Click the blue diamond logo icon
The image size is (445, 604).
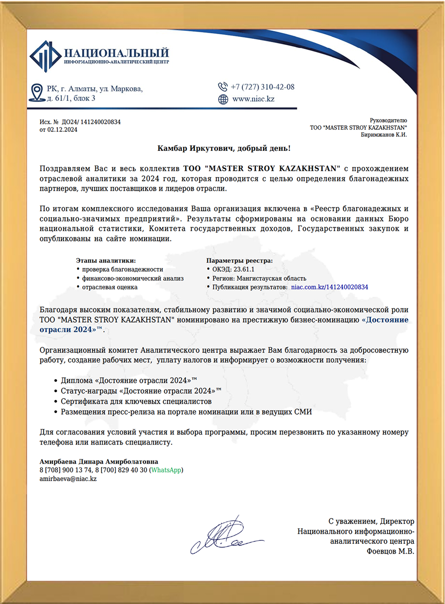pyautogui.click(x=45, y=56)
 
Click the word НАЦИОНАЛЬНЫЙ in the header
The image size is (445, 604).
pyautogui.click(x=116, y=52)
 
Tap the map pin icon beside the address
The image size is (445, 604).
pyautogui.click(x=37, y=93)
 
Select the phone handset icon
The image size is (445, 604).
pyautogui.click(x=222, y=87)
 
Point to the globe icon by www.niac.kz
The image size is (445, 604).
pyautogui.click(x=222, y=99)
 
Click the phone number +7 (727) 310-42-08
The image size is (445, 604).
pyautogui.click(x=262, y=87)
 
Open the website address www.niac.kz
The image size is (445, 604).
pyautogui.click(x=253, y=99)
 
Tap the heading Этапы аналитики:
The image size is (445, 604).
pyautogui.click(x=106, y=260)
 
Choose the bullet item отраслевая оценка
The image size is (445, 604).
pyautogui.click(x=110, y=287)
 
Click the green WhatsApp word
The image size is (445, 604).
pyautogui.click(x=166, y=470)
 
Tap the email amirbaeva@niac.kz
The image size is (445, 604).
pyautogui.click(x=68, y=479)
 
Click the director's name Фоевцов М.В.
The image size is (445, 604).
pyautogui.click(x=390, y=552)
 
